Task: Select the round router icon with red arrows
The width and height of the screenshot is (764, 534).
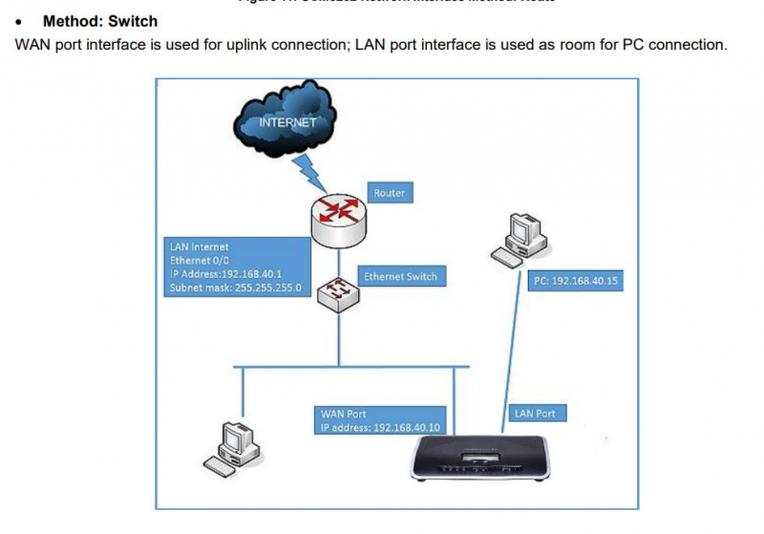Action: pos(337,218)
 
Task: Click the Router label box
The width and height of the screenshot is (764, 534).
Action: pos(389,193)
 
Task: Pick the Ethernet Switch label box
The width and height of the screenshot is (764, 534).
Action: pos(400,277)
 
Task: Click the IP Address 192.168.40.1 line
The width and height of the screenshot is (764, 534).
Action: pos(225,273)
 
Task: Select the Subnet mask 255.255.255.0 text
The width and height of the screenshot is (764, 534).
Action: pos(235,287)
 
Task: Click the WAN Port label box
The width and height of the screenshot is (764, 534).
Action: pos(344,415)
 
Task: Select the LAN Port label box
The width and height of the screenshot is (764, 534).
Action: pos(535,414)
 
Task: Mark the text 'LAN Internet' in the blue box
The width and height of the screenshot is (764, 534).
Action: pos(200,247)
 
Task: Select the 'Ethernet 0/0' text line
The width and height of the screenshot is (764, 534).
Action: pos(200,260)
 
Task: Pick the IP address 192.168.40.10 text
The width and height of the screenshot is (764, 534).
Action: pos(380,427)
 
